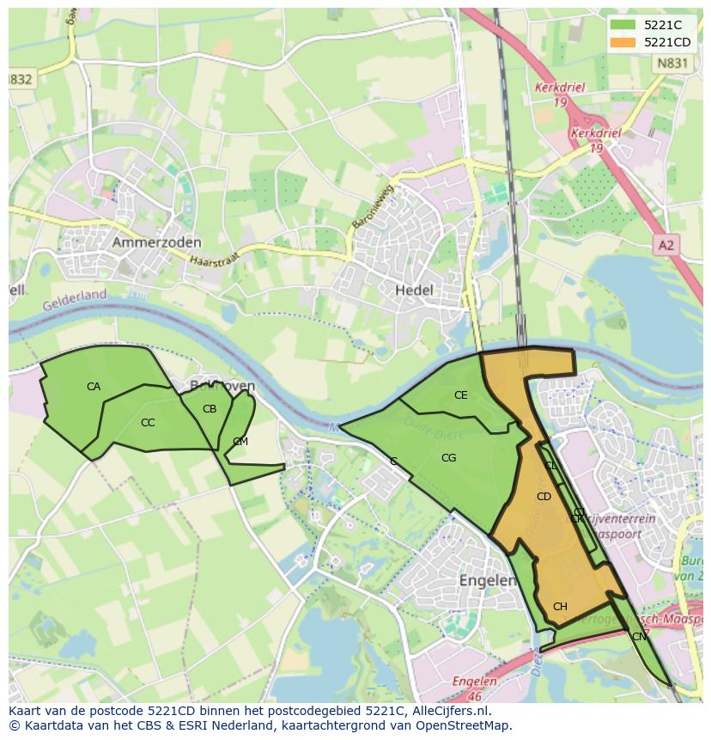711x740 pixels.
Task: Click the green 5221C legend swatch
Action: tap(623, 25)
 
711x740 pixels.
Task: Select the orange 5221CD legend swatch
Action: tap(623, 42)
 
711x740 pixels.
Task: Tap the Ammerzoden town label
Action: tap(156, 243)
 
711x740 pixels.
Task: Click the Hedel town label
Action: tap(414, 290)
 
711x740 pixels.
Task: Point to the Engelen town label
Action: tap(487, 580)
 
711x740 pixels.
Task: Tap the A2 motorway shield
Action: tap(665, 246)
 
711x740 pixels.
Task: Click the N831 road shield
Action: tap(671, 63)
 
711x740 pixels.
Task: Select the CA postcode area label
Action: tap(94, 387)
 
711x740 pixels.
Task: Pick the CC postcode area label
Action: tap(148, 422)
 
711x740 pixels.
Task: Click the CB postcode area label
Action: tap(210, 409)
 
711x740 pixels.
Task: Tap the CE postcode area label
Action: tap(461, 395)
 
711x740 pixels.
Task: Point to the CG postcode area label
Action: tap(448, 458)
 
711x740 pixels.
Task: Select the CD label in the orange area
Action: tap(544, 497)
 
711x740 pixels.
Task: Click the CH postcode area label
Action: tap(560, 607)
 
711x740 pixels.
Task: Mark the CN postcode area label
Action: tap(639, 637)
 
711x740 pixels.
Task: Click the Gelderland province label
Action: tap(75, 297)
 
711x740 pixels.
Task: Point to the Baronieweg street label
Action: tap(371, 206)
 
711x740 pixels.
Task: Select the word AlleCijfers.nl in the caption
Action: tap(448, 712)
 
